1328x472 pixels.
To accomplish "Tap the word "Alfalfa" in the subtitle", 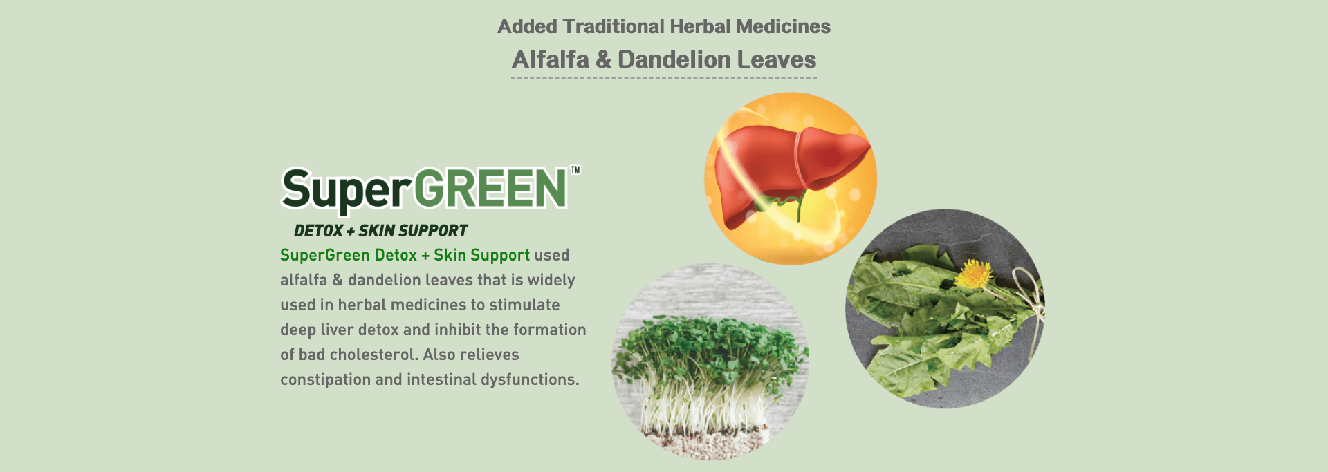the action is point(551,59).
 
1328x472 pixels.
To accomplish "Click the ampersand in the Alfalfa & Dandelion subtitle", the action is point(603,59).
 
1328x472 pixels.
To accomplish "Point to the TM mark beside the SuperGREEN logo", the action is point(575,170).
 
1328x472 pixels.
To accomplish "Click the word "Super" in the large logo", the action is point(347,189).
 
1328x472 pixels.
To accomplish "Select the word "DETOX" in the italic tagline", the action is point(318,231).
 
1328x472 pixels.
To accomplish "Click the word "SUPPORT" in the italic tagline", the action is point(433,231).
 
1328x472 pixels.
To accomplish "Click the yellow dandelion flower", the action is point(974,274).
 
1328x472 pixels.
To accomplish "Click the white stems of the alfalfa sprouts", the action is point(705,401).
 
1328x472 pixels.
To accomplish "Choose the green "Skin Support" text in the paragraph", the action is point(481,255).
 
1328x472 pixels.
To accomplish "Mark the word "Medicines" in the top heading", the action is point(783,26).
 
